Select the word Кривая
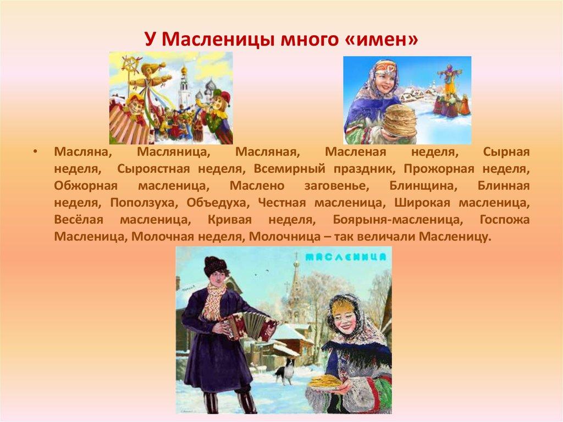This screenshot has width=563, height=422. (x=230, y=220)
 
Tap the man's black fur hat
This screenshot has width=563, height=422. (x=214, y=266)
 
